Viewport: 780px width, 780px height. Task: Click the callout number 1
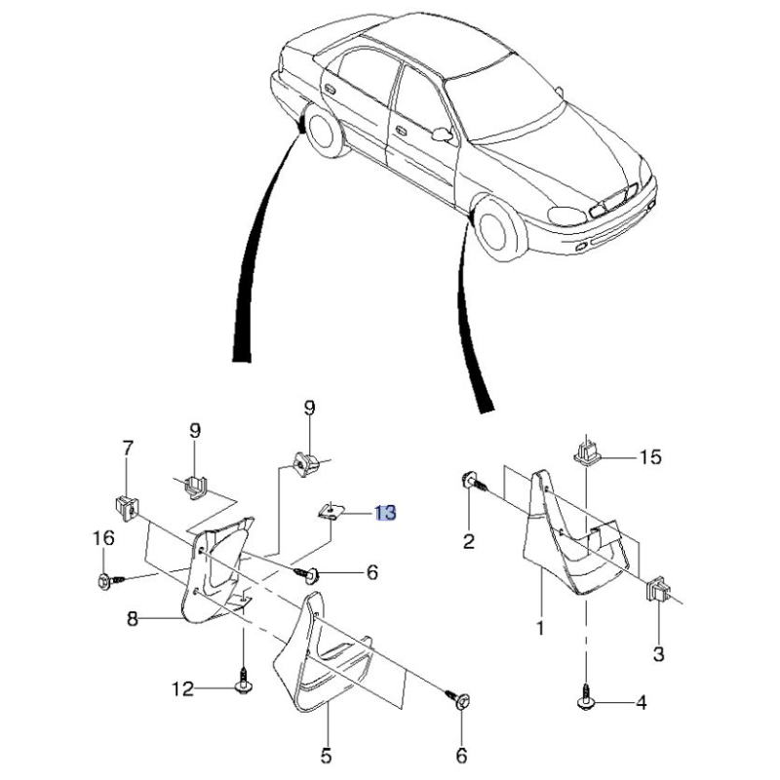click(x=539, y=629)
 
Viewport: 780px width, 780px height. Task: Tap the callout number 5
click(x=327, y=755)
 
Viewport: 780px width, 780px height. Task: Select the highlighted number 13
click(x=385, y=513)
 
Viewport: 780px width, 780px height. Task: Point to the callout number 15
click(x=650, y=456)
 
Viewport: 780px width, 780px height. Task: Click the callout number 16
click(x=103, y=538)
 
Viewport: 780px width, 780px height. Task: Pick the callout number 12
click(x=183, y=689)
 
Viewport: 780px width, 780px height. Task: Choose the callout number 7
click(x=128, y=449)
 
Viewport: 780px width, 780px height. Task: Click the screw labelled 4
click(x=588, y=698)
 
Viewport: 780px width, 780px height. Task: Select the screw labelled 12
click(x=243, y=684)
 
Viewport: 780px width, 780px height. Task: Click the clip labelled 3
click(x=656, y=590)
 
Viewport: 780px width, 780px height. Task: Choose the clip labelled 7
click(x=124, y=505)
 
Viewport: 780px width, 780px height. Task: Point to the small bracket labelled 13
click(x=332, y=511)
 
